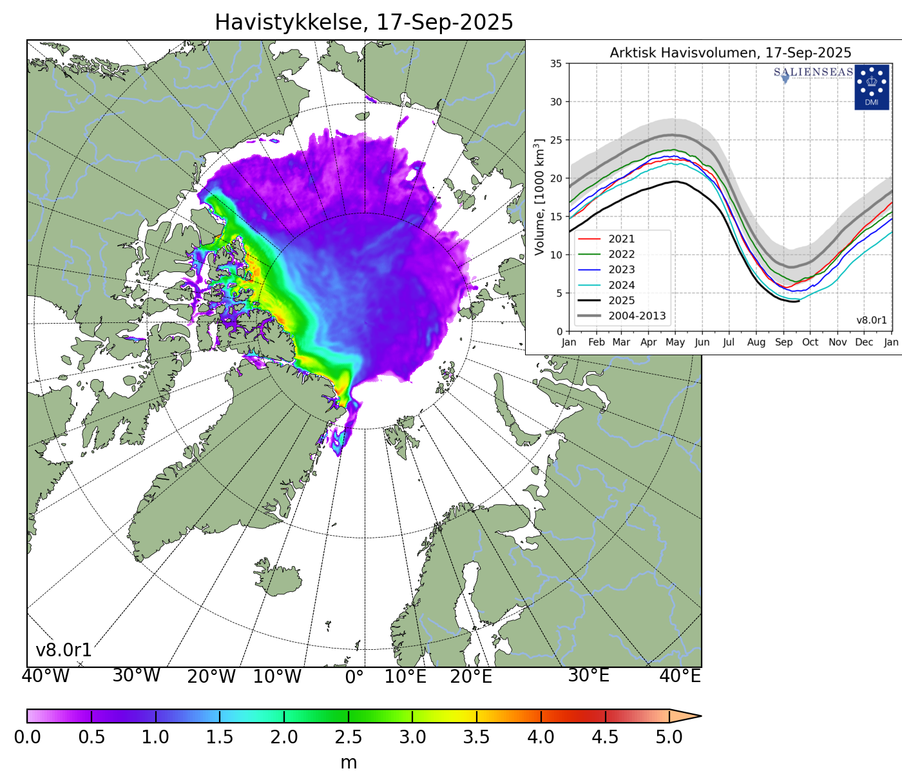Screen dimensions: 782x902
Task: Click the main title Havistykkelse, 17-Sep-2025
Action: tap(363, 23)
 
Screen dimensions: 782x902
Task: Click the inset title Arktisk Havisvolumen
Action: tap(730, 53)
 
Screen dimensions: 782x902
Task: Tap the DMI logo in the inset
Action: tap(871, 86)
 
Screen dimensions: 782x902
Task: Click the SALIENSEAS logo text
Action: tap(813, 72)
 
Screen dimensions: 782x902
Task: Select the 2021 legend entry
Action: tap(621, 239)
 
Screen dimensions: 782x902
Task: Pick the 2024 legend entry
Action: tap(621, 285)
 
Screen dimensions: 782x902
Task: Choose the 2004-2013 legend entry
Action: tap(637, 316)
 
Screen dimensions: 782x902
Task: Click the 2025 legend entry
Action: tap(621, 300)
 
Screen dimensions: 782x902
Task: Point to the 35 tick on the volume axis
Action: tap(555, 64)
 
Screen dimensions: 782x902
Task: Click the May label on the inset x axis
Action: tap(675, 342)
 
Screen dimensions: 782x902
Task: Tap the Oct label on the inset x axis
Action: tap(810, 342)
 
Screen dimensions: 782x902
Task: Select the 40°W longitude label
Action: tap(45, 676)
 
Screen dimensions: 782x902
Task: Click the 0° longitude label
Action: tap(354, 677)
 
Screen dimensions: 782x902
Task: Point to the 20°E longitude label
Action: tap(471, 677)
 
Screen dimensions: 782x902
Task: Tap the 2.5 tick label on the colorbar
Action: tap(348, 738)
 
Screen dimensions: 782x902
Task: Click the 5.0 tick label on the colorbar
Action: tap(669, 738)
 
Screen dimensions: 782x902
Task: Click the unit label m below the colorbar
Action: tap(348, 763)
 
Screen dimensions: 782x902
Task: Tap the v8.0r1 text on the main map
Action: tap(63, 650)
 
